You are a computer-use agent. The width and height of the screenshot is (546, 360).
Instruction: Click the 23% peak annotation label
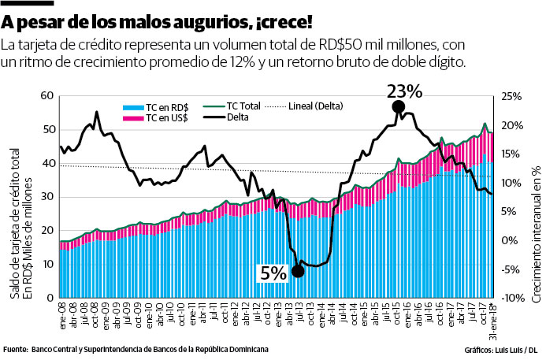[x=405, y=91]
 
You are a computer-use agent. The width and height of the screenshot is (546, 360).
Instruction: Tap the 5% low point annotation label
[x=273, y=273]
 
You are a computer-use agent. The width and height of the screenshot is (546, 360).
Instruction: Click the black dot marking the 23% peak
[x=399, y=106]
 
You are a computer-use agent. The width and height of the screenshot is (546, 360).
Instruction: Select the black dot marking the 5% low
[x=297, y=271]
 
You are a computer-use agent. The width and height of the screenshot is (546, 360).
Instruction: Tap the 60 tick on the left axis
[x=46, y=96]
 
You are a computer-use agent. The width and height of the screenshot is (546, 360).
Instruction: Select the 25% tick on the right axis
[x=511, y=96]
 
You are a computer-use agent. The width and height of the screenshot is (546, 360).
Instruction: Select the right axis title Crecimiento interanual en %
[x=535, y=228]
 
